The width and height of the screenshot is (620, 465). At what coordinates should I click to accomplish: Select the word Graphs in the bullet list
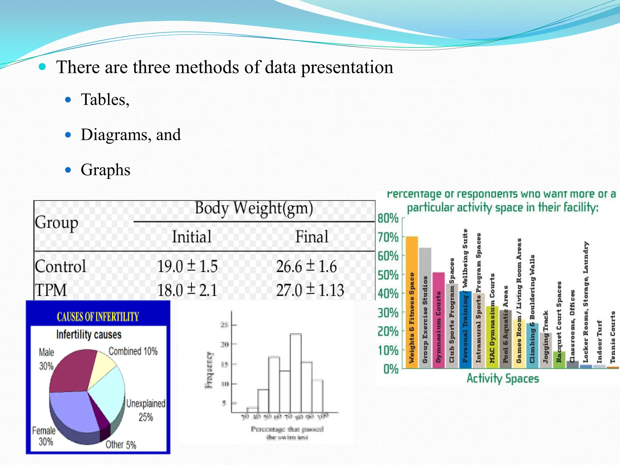tap(105, 170)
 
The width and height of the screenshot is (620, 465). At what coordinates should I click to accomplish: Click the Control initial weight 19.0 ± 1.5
tap(187, 266)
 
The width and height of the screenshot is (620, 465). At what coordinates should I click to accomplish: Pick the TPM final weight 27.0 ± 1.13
tap(310, 290)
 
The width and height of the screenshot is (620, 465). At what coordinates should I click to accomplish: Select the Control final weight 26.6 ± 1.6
tap(306, 266)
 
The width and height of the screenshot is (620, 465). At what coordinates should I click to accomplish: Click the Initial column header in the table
tap(192, 236)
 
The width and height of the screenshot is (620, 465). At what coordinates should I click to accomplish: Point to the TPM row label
tap(51, 290)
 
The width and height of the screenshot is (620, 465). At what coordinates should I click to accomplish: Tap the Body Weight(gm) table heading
tap(254, 208)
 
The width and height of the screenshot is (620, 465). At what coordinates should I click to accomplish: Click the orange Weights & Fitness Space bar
tap(412, 303)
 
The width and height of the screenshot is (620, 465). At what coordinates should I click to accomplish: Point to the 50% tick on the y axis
tap(388, 275)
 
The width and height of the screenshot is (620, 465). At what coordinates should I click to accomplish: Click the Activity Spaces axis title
tap(503, 379)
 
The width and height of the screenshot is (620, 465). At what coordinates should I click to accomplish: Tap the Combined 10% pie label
tap(133, 351)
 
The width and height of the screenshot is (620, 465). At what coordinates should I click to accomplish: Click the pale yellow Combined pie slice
tap(105, 363)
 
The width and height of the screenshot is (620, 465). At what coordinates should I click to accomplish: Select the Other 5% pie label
tap(121, 445)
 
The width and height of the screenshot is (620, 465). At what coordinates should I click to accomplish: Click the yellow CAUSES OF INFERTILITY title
tap(98, 317)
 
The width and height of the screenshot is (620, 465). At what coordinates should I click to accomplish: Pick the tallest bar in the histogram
tap(295, 372)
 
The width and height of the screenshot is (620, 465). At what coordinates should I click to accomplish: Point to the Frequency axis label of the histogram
tap(209, 370)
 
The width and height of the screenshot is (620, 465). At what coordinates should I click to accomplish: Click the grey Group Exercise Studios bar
tap(425, 309)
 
